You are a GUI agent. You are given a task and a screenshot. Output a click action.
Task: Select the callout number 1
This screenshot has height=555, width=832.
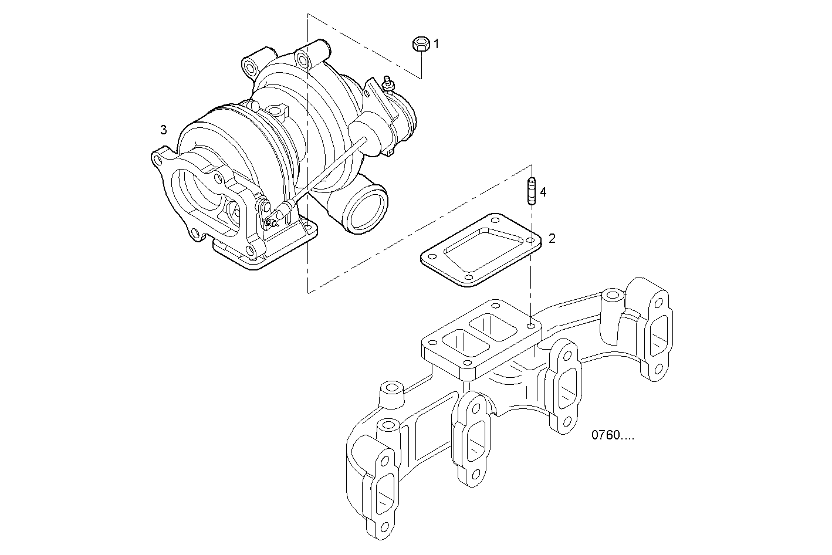coord(436,43)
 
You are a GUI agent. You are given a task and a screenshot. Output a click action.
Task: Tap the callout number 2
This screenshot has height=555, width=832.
coord(552,238)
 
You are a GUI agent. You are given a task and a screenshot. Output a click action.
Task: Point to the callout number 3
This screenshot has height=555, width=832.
coord(164,129)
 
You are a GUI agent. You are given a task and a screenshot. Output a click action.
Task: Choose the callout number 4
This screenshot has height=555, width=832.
coord(543,192)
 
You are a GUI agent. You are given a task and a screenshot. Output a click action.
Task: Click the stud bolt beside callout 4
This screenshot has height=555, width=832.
coord(532,191)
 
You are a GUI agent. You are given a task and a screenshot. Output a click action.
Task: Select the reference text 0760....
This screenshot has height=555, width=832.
coord(613,435)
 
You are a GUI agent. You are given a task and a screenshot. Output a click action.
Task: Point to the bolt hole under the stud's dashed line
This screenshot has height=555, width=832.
coord(531,324)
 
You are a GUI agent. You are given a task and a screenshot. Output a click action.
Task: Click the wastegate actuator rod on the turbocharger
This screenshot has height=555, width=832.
coord(329,170)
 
